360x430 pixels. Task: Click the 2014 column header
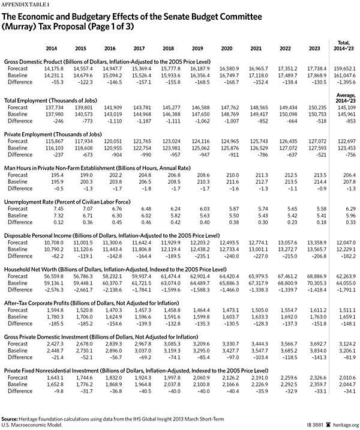coord(51,47)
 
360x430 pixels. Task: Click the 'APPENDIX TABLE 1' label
coord(25,4)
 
